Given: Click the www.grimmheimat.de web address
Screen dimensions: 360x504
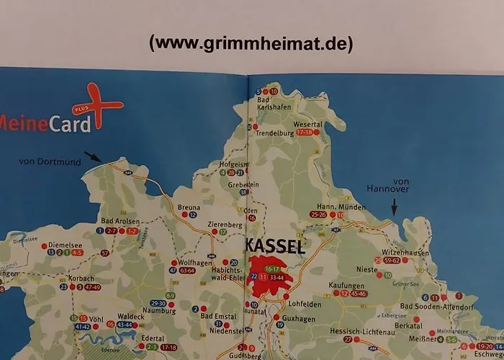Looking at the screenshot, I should [x=251, y=44].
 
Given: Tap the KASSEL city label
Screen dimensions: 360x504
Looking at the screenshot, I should [x=275, y=246].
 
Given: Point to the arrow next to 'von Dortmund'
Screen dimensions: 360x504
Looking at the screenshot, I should [x=93, y=156].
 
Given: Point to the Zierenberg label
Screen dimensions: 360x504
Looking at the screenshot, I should [x=222, y=224].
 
